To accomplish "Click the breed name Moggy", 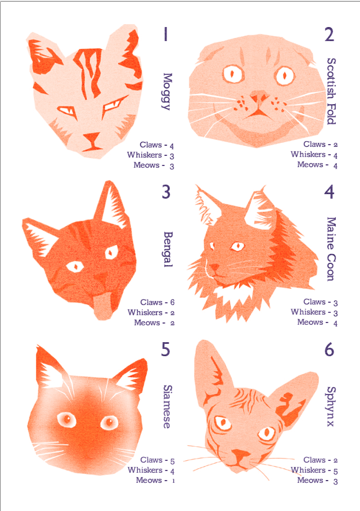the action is coord(167,92).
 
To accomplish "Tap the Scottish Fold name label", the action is coord(331,91).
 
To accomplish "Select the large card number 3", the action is coord(166,191).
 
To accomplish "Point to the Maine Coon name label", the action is coord(331,249).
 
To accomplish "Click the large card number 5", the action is coord(165,349).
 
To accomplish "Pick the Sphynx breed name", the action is coord(330,406).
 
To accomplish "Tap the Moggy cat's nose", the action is coord(92,137).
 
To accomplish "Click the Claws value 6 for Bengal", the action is coord(172,302).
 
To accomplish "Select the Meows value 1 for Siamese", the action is coord(173,481).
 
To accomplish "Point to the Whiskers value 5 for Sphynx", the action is coord(336,471).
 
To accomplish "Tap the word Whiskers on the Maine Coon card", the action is coord(308,312).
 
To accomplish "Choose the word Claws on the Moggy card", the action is coord(151,145).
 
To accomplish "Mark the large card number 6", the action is coord(330,349).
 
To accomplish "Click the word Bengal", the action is coord(168,249).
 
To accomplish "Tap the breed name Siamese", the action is coord(167,406).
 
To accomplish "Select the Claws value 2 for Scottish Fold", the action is coord(336,145).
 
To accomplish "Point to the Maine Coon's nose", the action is coord(214,268).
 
